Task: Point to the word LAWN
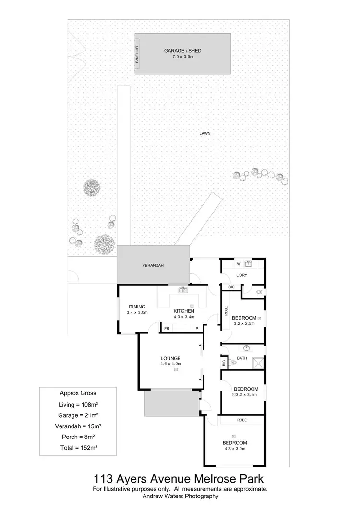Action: [205, 134]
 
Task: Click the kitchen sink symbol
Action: [183, 290]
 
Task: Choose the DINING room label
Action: [137, 307]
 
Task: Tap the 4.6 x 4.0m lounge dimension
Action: [170, 364]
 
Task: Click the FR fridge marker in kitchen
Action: [167, 329]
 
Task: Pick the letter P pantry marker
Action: [197, 329]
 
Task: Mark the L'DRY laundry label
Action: [241, 275]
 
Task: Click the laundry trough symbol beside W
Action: [248, 263]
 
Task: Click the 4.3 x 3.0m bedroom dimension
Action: [234, 449]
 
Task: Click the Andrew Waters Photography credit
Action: [180, 497]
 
